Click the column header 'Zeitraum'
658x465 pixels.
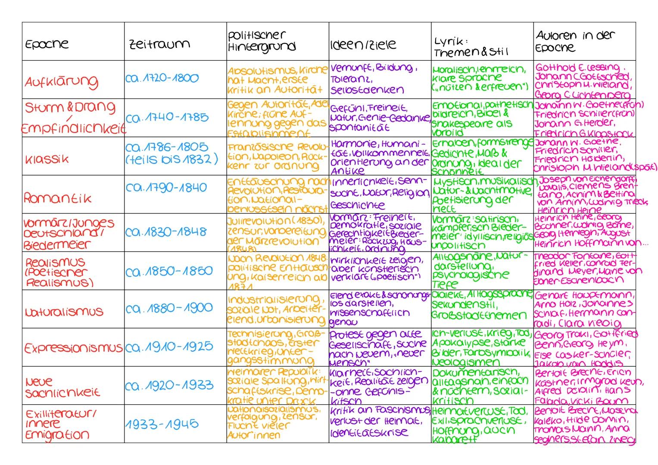(x=159, y=44)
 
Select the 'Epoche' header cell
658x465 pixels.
(x=47, y=44)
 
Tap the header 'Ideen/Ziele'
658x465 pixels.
(x=363, y=45)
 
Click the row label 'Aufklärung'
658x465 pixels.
(x=61, y=81)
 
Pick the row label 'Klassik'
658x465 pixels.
(x=46, y=159)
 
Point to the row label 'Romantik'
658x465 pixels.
(x=58, y=198)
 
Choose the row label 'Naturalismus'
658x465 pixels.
(x=64, y=311)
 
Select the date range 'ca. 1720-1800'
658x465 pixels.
(x=162, y=78)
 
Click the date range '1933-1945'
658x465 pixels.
(x=162, y=424)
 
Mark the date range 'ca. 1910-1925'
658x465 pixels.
(x=169, y=347)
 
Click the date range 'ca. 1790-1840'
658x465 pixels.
(x=166, y=188)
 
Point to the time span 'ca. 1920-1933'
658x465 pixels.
(x=169, y=385)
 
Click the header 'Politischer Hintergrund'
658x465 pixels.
(x=262, y=41)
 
